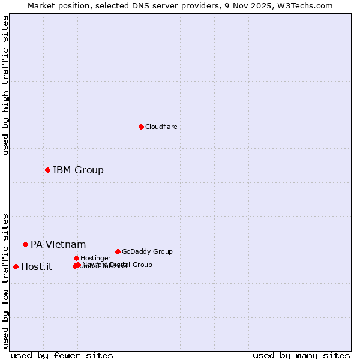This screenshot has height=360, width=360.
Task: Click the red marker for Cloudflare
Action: [x=141, y=127]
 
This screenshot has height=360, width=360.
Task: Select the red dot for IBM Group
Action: [x=47, y=170]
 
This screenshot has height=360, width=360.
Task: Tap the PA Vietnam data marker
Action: [x=25, y=244]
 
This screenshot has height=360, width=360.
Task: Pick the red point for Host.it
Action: [x=16, y=266]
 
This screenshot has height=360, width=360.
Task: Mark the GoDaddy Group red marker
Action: [x=118, y=251]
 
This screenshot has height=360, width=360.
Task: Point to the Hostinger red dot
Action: [x=76, y=258]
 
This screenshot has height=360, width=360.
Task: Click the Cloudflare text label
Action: [x=161, y=127]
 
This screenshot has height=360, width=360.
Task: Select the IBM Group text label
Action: [x=78, y=170]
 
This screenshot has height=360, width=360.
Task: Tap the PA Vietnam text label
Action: [x=58, y=244]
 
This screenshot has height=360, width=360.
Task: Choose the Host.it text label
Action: [x=37, y=266]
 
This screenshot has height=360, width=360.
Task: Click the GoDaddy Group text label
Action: [x=147, y=251]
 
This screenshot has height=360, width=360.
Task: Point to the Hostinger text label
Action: [x=95, y=258]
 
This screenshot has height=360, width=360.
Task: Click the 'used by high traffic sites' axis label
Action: [x=5, y=85]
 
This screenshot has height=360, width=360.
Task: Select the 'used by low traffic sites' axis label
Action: [x=5, y=280]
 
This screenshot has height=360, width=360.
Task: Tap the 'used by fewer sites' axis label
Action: [x=62, y=355]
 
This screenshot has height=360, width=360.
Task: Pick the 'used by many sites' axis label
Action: [x=301, y=355]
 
